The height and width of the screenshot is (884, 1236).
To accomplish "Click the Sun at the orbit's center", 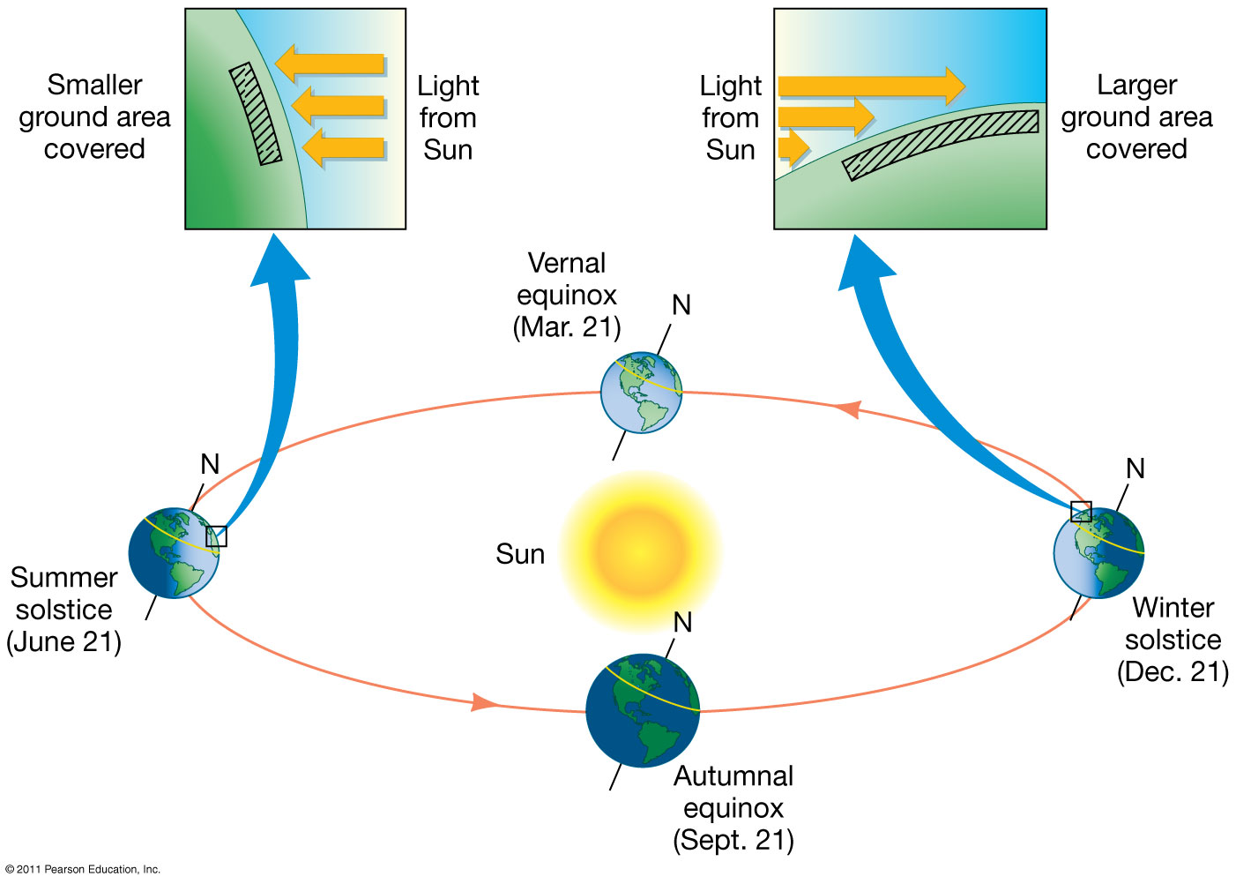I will [x=641, y=550].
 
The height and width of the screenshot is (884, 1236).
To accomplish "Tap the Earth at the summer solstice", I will [x=174, y=553].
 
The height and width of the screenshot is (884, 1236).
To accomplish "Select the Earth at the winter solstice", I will [x=1098, y=553].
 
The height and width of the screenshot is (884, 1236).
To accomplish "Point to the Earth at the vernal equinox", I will [x=641, y=392].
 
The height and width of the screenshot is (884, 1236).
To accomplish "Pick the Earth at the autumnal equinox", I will [x=643, y=710].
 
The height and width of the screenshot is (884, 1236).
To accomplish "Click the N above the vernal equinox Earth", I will [x=681, y=305].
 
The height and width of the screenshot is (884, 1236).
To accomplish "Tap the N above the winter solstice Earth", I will [x=1135, y=469].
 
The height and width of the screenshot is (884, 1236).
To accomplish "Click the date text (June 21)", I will [x=63, y=641].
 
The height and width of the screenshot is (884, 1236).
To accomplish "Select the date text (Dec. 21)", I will [x=1173, y=671].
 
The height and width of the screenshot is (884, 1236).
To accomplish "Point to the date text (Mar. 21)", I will [x=567, y=327].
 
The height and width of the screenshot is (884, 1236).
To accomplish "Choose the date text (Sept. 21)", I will [x=733, y=840].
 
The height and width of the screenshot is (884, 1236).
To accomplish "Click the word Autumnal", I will [x=733, y=776].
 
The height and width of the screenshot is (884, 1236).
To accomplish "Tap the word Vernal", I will [x=567, y=263].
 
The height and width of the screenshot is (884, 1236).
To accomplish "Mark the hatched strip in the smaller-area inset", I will [x=256, y=114].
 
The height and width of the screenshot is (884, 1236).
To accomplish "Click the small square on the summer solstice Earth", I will [x=216, y=536].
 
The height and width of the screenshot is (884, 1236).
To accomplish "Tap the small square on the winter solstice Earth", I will [x=1081, y=512].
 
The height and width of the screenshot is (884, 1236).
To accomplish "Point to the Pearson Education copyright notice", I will [x=83, y=870].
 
